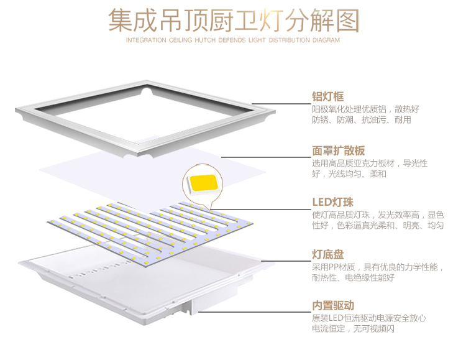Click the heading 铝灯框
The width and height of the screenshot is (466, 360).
pos(327,96)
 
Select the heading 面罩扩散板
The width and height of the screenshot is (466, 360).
pos(338,150)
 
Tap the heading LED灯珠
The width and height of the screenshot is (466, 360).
pos(332,202)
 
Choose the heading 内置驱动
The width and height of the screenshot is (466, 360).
pos(332,306)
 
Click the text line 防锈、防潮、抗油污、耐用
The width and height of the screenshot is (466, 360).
pos(361,120)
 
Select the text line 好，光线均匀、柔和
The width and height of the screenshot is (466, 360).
pos(349,174)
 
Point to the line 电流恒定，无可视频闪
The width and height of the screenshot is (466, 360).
pos(361,329)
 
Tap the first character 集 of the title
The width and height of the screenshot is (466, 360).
pos(121,21)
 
